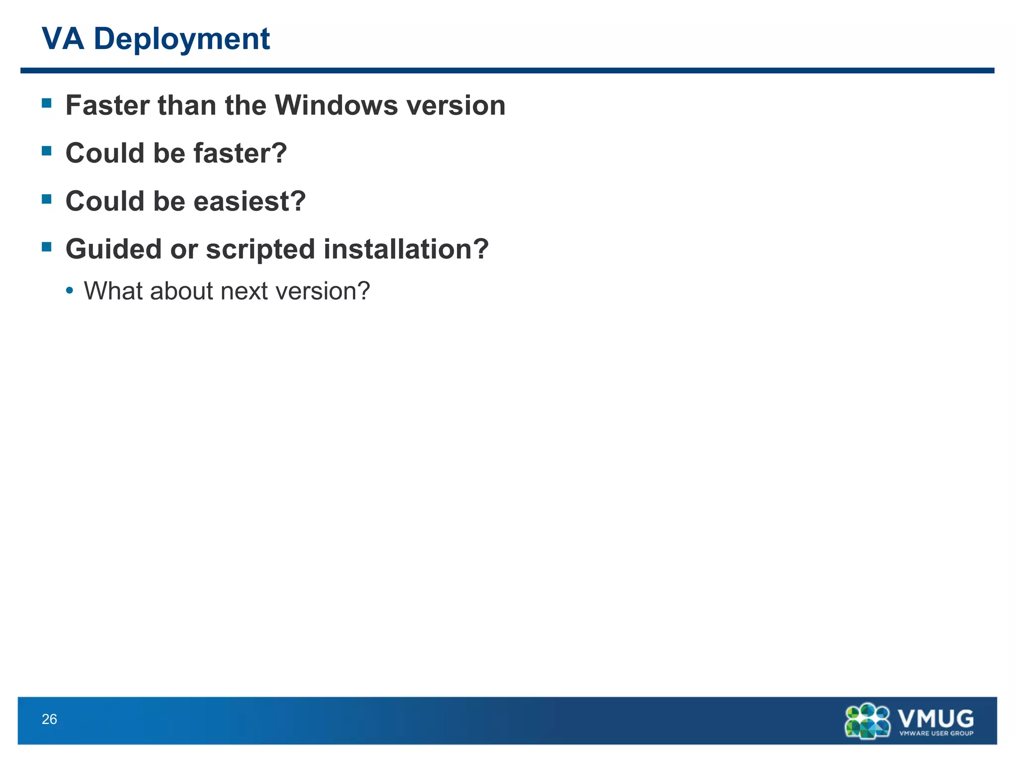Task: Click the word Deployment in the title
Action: [x=181, y=40]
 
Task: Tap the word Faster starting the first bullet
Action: [x=108, y=106]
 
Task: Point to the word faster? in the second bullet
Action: [x=240, y=153]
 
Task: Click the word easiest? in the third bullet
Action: [x=250, y=201]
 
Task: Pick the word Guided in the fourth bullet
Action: [x=113, y=249]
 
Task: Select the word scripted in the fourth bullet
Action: [x=260, y=249]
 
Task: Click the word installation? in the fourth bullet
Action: [x=406, y=249]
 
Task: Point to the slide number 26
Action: [x=50, y=719]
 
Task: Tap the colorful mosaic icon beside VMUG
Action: [x=867, y=721]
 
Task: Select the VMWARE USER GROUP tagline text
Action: [x=936, y=733]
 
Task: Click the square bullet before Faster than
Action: [x=47, y=103]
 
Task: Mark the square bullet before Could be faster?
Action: [x=47, y=151]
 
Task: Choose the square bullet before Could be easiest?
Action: [x=47, y=199]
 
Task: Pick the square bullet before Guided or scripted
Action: [x=47, y=247]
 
